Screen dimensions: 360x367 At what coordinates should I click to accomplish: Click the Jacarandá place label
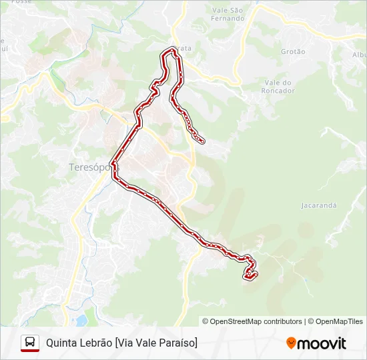click(x=318, y=205)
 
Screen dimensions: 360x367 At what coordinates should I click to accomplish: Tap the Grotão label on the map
click(x=293, y=51)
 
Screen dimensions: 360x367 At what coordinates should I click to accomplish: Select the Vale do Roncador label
click(x=278, y=86)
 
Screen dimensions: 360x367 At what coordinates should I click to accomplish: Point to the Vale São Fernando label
click(x=228, y=14)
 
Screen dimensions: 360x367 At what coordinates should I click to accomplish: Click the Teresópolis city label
click(x=89, y=167)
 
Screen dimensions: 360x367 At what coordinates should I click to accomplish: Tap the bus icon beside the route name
click(x=30, y=343)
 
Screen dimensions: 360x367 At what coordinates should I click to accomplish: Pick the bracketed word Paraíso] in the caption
click(x=178, y=343)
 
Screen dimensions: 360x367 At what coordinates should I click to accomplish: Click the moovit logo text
click(x=322, y=343)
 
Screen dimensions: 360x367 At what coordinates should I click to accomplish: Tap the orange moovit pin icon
click(x=291, y=343)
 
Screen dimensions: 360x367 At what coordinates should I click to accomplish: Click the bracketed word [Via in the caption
click(x=124, y=343)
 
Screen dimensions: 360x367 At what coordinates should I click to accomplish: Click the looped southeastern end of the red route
click(x=250, y=273)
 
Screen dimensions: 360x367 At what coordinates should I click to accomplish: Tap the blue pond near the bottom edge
click(x=81, y=321)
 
